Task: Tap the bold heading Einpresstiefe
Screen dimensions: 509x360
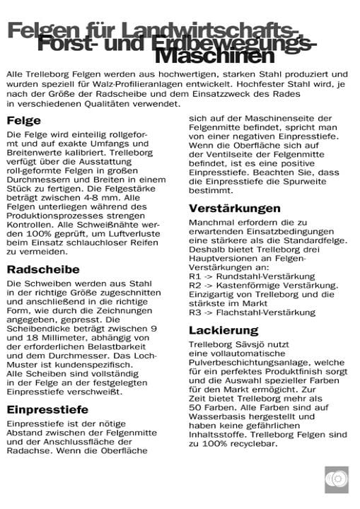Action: pyautogui.click(x=47, y=409)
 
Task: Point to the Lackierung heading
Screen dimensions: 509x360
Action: pyautogui.click(x=223, y=330)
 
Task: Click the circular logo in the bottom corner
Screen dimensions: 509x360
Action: pyautogui.click(x=336, y=479)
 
